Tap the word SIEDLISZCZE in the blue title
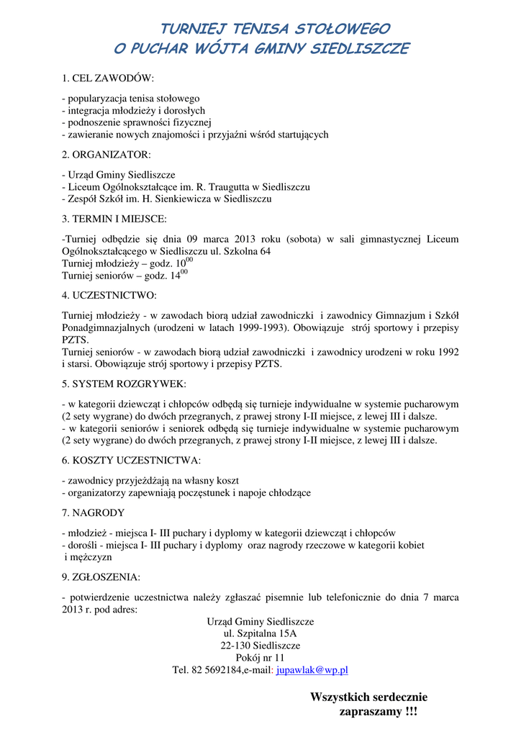[360, 50]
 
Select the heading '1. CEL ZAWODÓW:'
[108, 78]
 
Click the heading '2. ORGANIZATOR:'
[107, 155]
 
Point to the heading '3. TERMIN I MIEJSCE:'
[114, 218]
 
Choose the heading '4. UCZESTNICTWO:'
[109, 295]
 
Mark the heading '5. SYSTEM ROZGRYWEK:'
[124, 384]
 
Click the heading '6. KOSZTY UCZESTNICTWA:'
[131, 460]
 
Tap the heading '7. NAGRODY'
[93, 513]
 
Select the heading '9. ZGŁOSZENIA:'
[101, 577]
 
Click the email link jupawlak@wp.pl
[312, 670]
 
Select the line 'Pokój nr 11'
[260, 658]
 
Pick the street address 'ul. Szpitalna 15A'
[260, 633]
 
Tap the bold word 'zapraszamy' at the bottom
[367, 712]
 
